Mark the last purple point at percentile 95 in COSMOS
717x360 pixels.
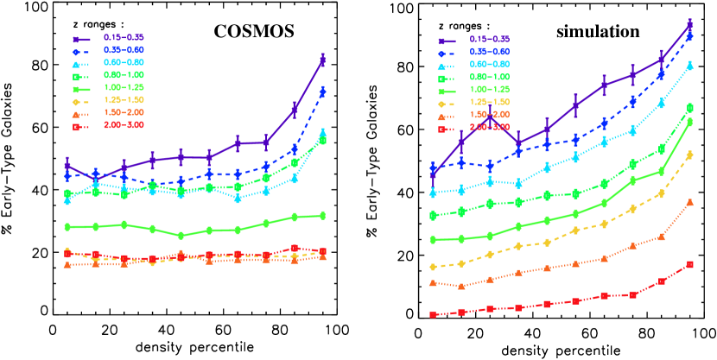click(x=322, y=60)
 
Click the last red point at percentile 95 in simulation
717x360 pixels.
click(x=690, y=264)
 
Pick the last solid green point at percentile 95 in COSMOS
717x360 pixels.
click(x=322, y=216)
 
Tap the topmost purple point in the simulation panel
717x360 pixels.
click(x=690, y=25)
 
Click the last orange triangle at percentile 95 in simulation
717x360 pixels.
click(x=690, y=202)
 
